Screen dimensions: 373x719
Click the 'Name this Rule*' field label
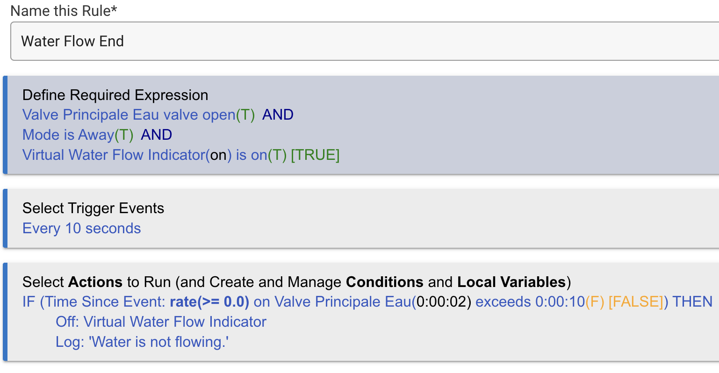tap(64, 10)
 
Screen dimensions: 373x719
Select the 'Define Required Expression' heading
tap(115, 95)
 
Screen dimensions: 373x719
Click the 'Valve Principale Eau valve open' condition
tap(129, 115)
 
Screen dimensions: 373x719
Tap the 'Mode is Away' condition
tap(68, 135)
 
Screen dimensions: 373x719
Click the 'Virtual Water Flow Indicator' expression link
tap(114, 155)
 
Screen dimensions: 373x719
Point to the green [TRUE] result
tap(315, 155)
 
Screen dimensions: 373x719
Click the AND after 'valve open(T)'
tap(278, 115)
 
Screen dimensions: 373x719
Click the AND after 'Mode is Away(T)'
tap(156, 135)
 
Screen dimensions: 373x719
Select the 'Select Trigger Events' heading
tap(93, 208)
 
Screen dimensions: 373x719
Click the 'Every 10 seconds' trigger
tap(81, 229)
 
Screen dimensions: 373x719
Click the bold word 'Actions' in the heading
tap(95, 282)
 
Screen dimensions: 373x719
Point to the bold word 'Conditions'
tap(384, 282)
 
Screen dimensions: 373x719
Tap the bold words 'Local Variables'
tap(511, 282)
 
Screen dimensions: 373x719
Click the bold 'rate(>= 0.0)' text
tap(209, 302)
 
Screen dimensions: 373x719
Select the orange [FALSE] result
tap(636, 302)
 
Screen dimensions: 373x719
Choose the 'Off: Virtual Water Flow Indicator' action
tap(161, 322)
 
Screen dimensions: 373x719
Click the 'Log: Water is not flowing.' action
tap(142, 342)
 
